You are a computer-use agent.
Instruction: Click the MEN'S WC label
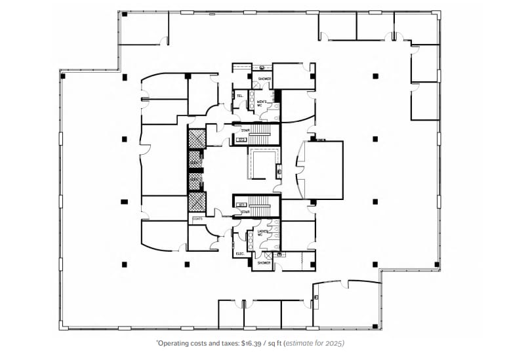click(x=261, y=103)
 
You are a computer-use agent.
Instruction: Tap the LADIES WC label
click(x=261, y=233)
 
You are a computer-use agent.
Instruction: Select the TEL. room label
click(x=239, y=96)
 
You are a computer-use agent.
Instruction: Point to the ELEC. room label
click(x=239, y=254)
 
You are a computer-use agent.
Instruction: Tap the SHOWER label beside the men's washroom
click(x=264, y=79)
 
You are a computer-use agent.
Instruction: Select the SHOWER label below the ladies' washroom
click(x=264, y=263)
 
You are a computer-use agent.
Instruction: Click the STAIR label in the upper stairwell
click(x=245, y=130)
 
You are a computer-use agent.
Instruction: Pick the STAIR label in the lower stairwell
click(x=245, y=212)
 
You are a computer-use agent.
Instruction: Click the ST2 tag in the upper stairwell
click(x=241, y=139)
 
